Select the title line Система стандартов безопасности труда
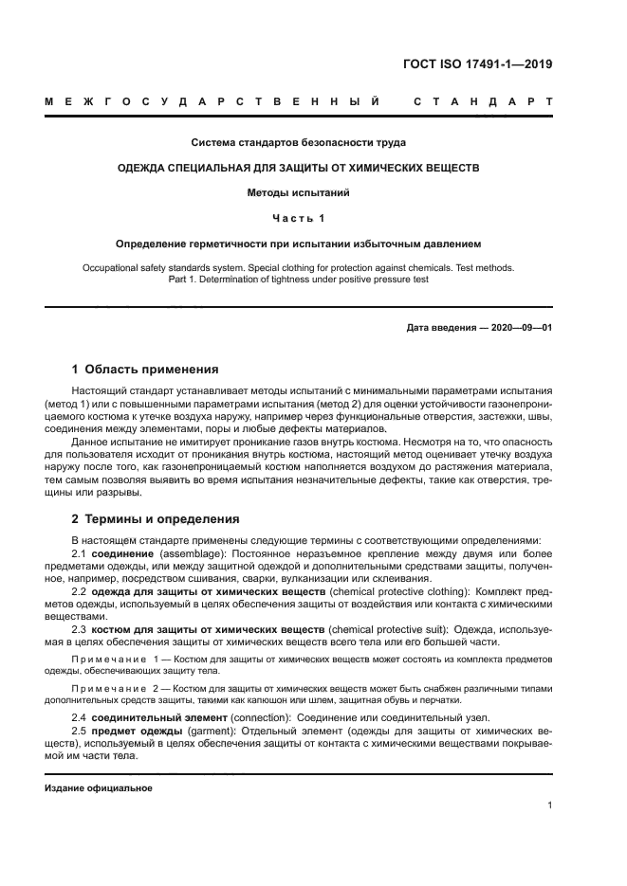(x=299, y=143)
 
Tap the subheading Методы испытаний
(x=299, y=192)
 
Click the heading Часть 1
(x=299, y=218)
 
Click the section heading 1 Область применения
(x=145, y=370)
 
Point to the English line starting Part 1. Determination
(x=299, y=280)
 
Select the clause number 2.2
(x=80, y=591)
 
